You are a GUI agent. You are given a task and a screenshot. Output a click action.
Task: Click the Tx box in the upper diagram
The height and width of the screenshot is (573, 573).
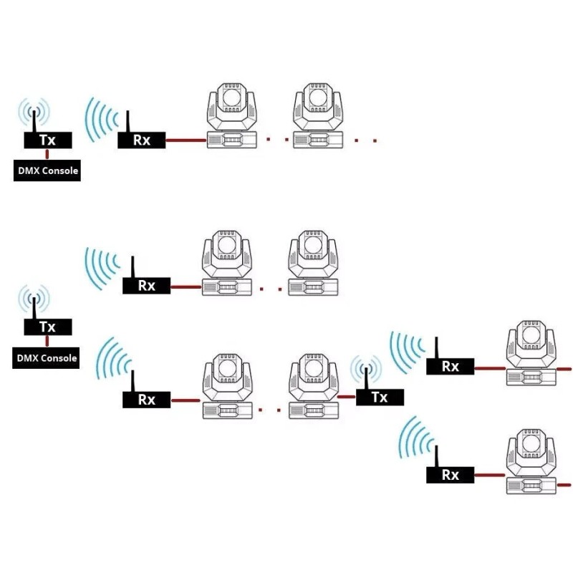48,140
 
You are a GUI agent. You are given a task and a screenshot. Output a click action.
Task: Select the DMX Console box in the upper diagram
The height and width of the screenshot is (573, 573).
47,170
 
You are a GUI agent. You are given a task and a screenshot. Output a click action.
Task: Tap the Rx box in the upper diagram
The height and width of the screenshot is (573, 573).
141,140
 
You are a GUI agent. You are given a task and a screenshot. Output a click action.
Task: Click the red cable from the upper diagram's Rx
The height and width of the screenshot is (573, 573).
186,140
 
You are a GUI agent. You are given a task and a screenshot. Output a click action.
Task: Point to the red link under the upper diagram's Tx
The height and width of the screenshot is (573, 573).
47,154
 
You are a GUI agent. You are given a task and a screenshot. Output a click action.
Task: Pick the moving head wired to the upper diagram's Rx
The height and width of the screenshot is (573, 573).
232,115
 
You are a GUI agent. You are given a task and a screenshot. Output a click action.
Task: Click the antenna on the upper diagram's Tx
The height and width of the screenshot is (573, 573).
34,121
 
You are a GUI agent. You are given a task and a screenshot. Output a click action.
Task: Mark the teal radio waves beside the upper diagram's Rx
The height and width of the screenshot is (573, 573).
102,120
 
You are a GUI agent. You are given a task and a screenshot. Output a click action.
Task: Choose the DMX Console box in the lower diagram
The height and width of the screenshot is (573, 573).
46,357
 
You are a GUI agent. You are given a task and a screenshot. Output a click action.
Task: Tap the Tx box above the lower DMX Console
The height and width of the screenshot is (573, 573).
48,327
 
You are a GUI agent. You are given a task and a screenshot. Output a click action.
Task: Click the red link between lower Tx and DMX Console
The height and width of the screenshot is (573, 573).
47,342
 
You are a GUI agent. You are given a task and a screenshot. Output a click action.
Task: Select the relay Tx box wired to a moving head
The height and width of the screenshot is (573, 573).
380,398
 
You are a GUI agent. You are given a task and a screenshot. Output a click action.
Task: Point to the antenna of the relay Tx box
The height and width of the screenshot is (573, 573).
366,378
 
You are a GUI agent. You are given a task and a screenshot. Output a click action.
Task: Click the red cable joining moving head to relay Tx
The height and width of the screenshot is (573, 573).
347,397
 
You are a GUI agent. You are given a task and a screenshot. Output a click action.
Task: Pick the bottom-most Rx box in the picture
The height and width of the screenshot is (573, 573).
451,475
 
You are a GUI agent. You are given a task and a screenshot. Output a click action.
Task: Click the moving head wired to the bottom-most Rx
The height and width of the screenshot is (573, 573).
531,461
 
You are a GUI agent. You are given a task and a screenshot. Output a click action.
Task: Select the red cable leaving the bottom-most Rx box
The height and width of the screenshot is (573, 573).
490,476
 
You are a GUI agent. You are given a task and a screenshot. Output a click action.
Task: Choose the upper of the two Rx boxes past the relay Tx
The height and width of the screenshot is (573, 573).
451,367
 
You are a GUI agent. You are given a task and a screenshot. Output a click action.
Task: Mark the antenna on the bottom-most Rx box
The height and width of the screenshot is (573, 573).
436,456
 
